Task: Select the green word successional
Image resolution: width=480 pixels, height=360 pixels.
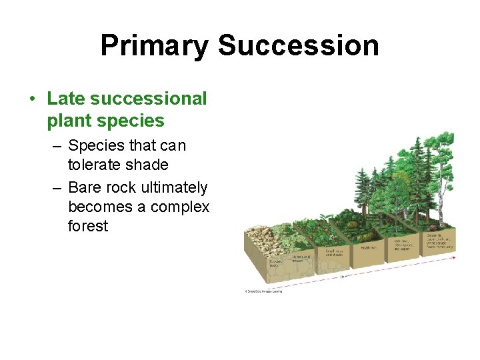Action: coord(148,99)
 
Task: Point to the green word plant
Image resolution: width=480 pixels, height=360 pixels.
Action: coord(71,121)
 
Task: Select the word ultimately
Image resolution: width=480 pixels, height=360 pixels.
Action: coord(172,188)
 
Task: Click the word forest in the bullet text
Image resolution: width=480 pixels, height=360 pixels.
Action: coord(87,226)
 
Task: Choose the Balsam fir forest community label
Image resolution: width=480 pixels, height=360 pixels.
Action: coord(440,241)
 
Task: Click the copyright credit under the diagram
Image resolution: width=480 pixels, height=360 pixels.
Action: coord(263,291)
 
